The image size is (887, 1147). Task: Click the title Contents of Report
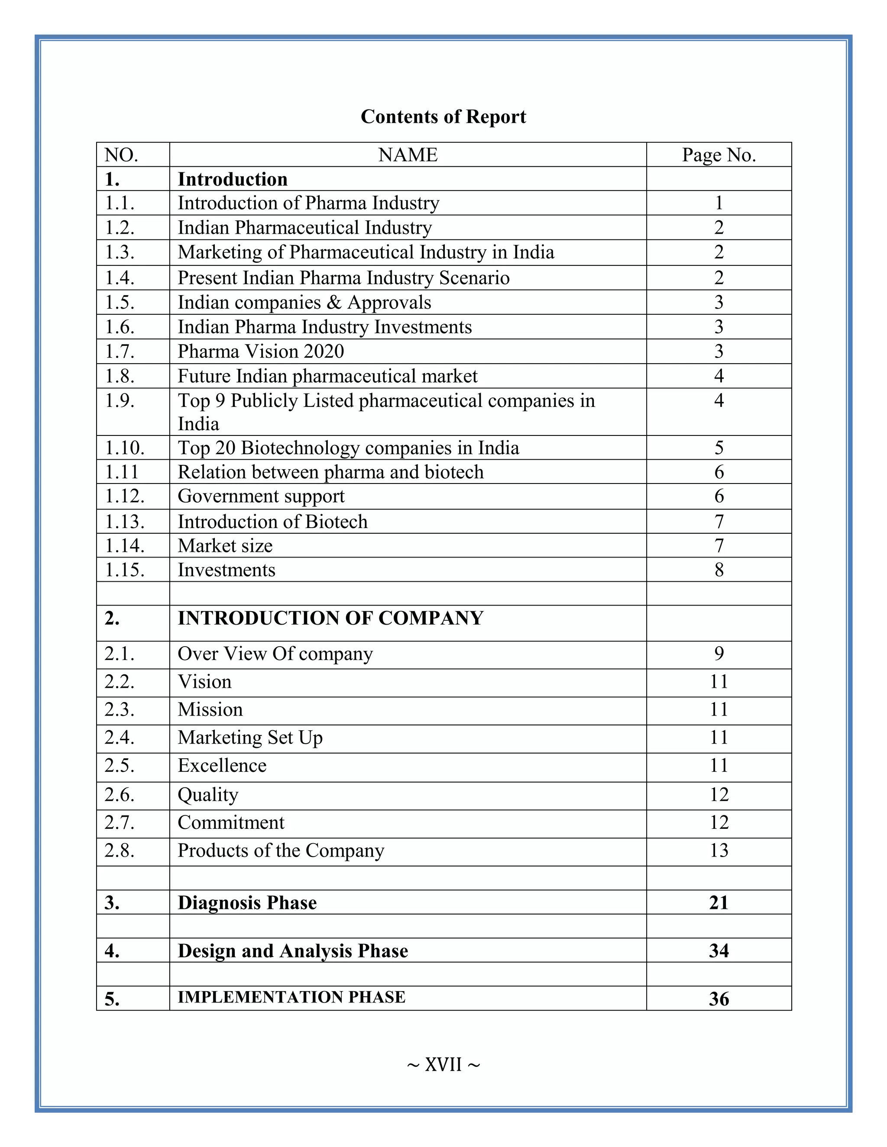point(443,116)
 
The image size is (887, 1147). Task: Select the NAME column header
point(408,155)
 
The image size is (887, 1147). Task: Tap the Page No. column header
point(719,155)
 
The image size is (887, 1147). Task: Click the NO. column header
point(121,155)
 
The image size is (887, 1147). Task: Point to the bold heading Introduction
point(232,179)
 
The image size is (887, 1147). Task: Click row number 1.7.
point(120,351)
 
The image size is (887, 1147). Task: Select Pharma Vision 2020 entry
point(261,351)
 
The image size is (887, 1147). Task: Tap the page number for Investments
point(719,570)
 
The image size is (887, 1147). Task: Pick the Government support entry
point(261,496)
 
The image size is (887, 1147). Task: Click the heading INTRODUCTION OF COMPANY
point(330,618)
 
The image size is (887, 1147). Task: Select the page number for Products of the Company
point(719,850)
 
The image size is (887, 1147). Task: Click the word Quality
point(207,795)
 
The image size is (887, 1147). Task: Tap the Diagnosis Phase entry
point(247,903)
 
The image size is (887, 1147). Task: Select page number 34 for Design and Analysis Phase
point(719,950)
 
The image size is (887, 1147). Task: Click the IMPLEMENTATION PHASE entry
point(291,997)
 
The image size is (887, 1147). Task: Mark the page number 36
point(719,999)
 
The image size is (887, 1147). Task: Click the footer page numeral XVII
point(443,1065)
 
